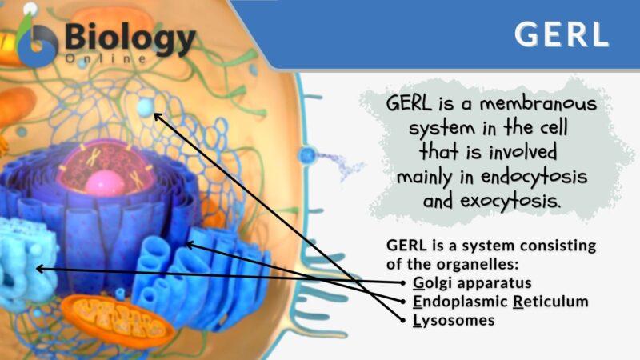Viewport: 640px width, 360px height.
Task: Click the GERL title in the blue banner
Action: [561, 34]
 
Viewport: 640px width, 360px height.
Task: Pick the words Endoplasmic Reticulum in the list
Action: [501, 302]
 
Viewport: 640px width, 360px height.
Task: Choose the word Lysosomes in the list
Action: [454, 320]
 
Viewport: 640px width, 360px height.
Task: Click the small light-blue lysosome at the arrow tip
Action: [146, 106]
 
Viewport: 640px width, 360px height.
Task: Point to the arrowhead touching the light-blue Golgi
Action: [39, 269]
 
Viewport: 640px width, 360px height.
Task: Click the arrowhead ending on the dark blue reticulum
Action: [189, 243]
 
